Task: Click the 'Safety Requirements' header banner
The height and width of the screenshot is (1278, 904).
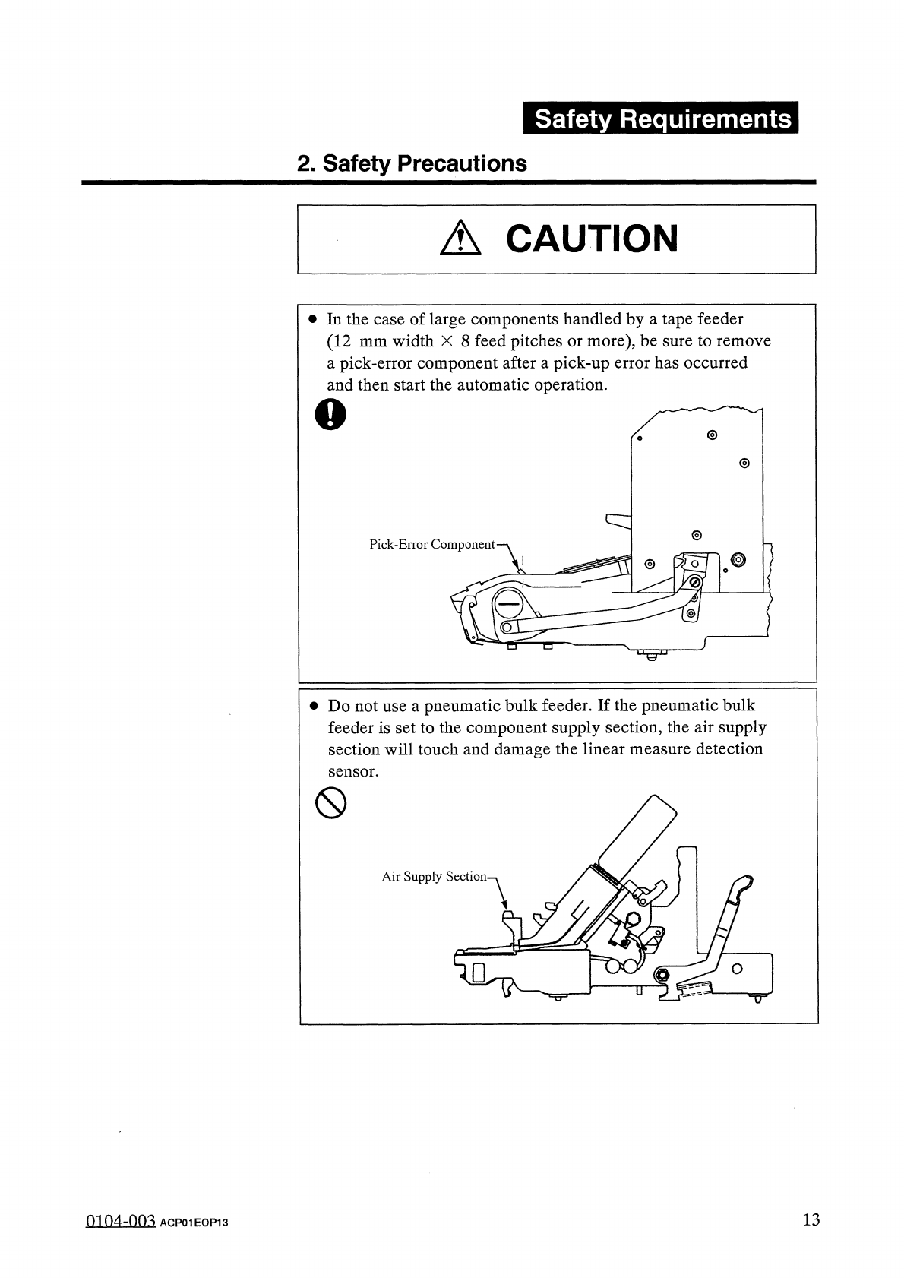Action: point(660,119)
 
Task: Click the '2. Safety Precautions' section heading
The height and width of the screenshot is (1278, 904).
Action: point(412,163)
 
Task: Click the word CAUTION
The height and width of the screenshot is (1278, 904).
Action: point(591,239)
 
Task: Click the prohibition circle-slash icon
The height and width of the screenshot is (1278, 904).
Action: point(330,802)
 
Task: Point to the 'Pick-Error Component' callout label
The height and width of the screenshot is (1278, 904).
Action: point(431,545)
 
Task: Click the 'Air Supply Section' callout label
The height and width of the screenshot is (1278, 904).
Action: point(434,877)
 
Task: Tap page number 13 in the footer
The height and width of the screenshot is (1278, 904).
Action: point(811,1220)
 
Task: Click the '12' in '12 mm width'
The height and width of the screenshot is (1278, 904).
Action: point(339,341)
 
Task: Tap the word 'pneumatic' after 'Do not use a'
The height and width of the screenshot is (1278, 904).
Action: point(459,706)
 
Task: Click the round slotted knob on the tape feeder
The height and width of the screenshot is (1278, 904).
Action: point(507,603)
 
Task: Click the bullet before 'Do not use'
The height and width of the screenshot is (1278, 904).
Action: point(313,706)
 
